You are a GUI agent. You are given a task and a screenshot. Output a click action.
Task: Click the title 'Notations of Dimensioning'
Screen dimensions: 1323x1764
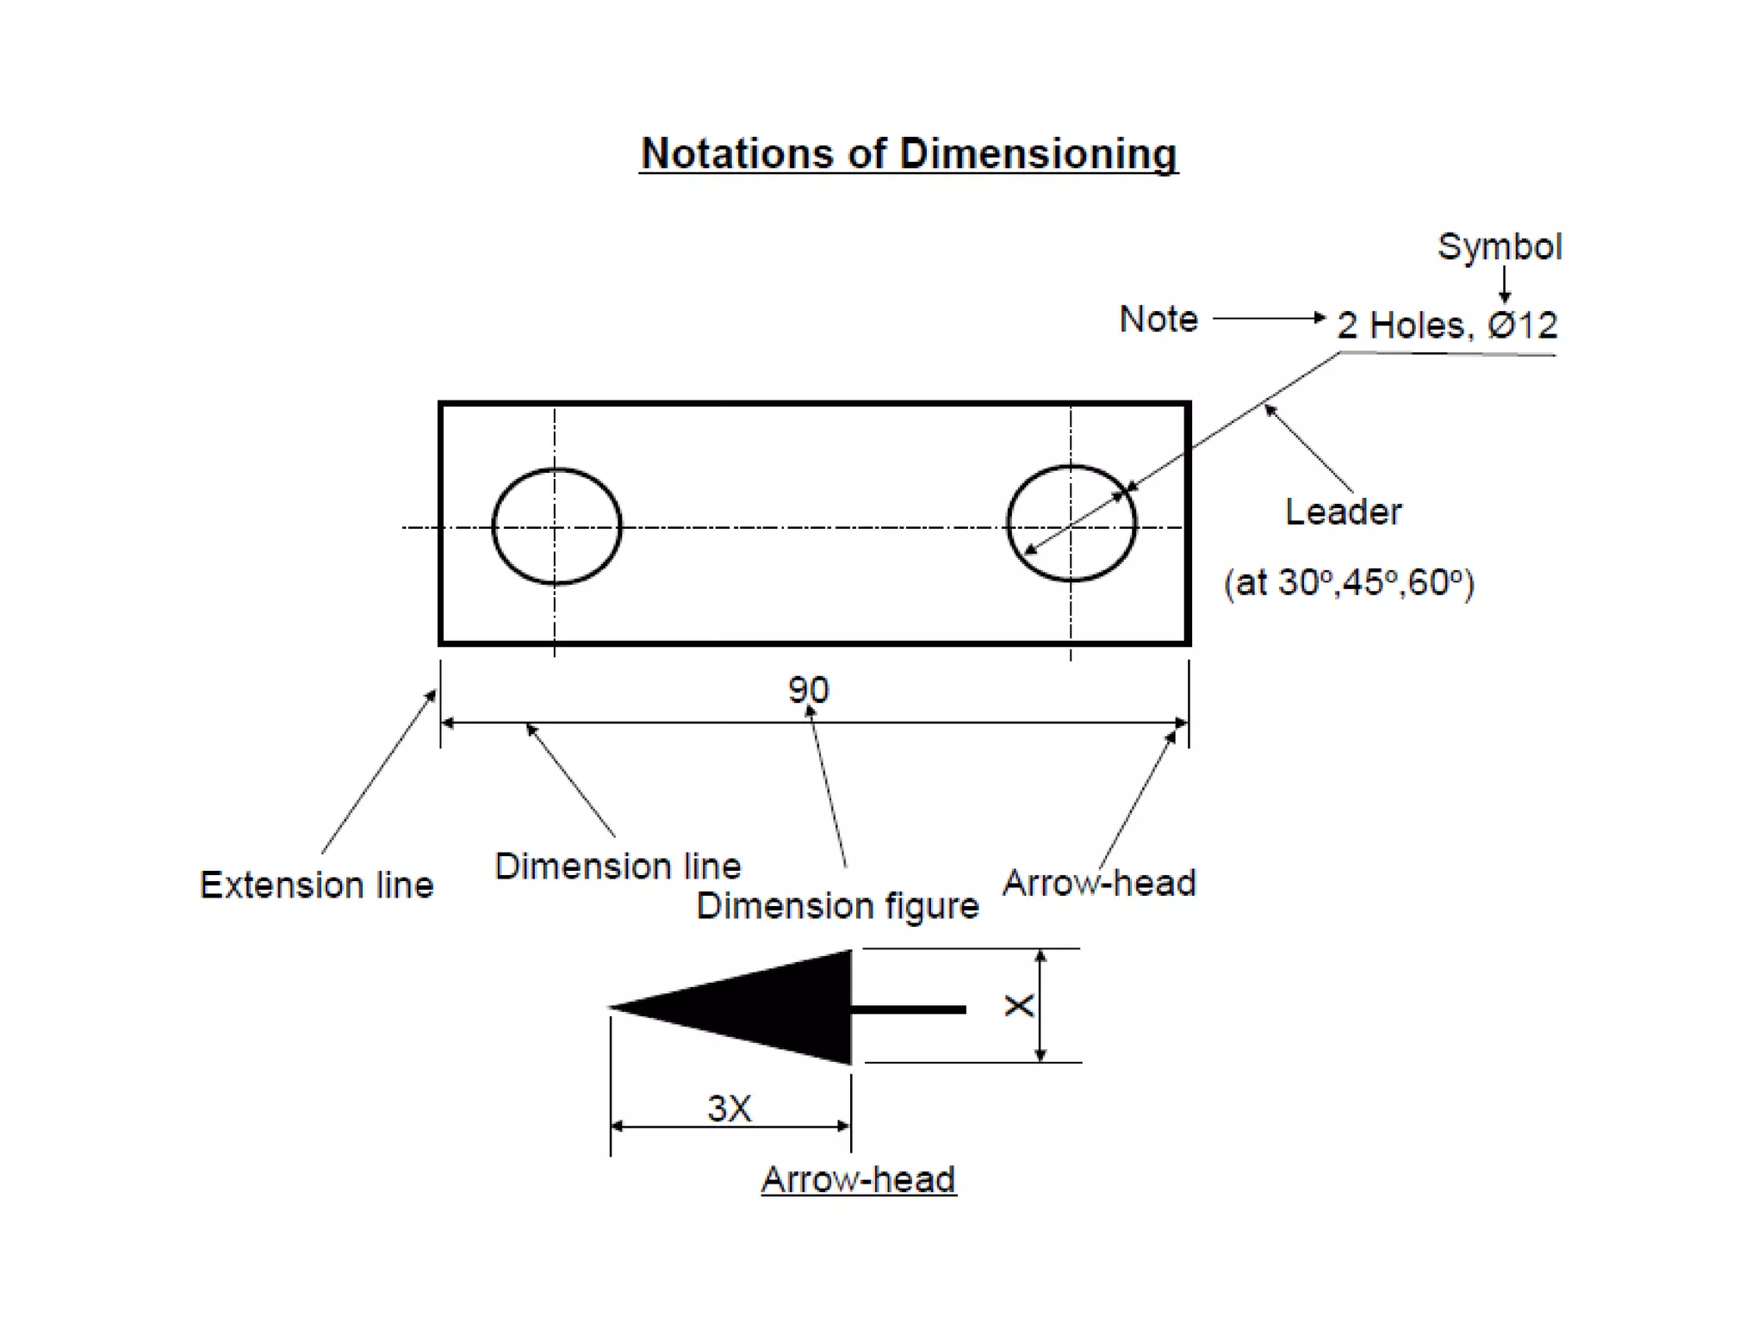pyautogui.click(x=908, y=154)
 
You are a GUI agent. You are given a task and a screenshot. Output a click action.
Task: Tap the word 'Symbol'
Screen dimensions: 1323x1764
pyautogui.click(x=1499, y=247)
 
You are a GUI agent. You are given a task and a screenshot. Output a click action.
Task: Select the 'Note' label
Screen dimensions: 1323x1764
pyautogui.click(x=1158, y=320)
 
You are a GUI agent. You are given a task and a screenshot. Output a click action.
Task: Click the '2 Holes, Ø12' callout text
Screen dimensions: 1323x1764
pyautogui.click(x=1446, y=326)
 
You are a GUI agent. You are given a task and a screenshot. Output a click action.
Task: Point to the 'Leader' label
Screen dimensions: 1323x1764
pyautogui.click(x=1343, y=512)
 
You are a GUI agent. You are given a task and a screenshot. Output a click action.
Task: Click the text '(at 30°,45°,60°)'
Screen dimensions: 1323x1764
pyautogui.click(x=1349, y=583)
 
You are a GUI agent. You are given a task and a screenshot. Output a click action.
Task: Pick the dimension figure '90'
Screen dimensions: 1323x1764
pyautogui.click(x=808, y=690)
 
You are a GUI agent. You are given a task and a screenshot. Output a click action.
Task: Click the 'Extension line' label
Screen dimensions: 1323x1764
pyautogui.click(x=316, y=885)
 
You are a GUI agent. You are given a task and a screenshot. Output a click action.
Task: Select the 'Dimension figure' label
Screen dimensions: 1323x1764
pyautogui.click(x=837, y=906)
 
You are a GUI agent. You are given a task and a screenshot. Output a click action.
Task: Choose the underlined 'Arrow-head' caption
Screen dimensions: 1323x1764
pyautogui.click(x=858, y=1180)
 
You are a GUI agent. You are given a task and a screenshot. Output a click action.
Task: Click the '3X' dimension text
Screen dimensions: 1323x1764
pyautogui.click(x=730, y=1109)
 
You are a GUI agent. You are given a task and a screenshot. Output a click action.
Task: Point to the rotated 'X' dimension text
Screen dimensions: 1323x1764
pyautogui.click(x=1019, y=1006)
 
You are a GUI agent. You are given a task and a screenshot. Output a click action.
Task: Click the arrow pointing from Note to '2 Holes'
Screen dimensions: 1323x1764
pyautogui.click(x=1268, y=319)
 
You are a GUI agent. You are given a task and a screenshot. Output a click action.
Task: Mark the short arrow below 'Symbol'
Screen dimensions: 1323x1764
pyautogui.click(x=1504, y=284)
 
